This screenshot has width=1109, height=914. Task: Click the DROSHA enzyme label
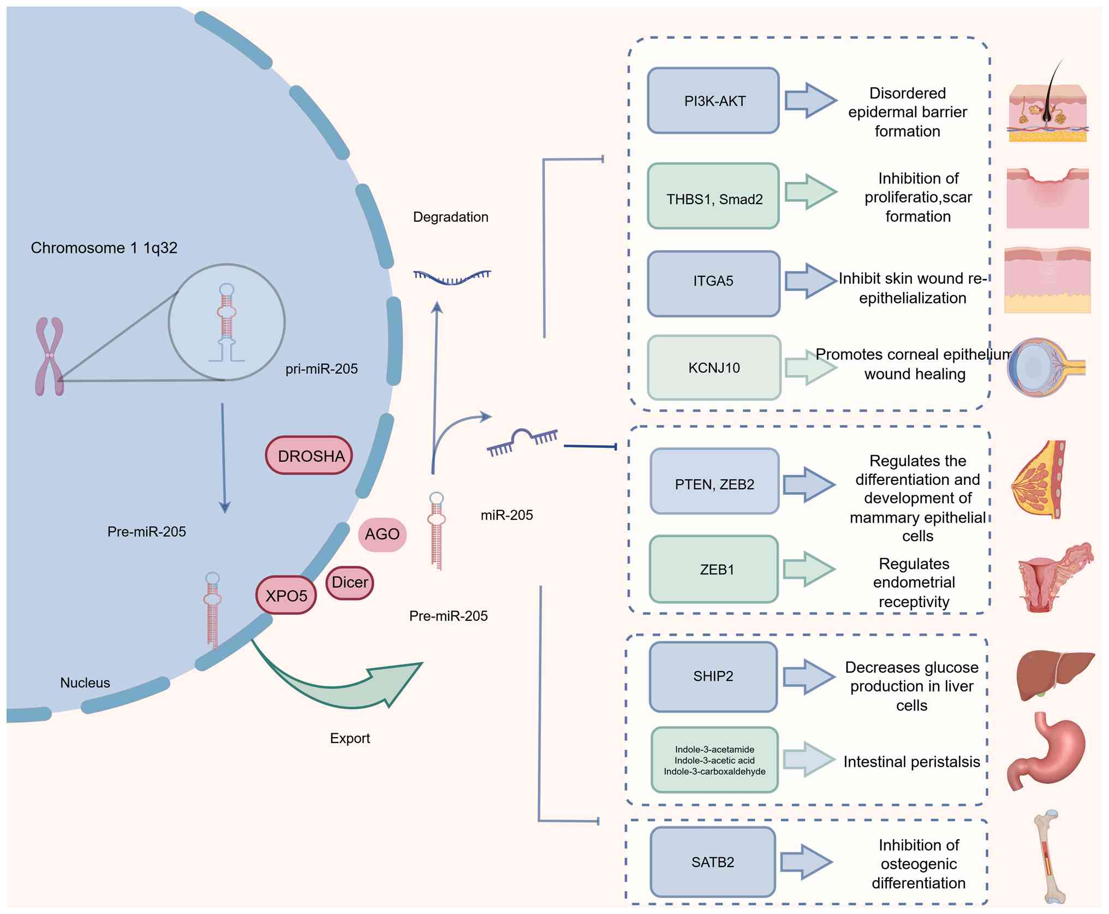tap(309, 455)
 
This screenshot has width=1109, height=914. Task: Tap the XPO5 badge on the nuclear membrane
tap(286, 595)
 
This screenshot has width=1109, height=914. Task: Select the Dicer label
tap(350, 583)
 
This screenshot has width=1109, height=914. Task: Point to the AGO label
tap(382, 534)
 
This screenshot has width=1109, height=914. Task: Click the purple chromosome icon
tap(50, 356)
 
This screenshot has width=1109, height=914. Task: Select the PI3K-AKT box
tap(713, 101)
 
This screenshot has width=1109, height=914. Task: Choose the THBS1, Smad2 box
tap(713, 197)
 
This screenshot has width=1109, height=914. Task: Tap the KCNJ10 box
tap(714, 368)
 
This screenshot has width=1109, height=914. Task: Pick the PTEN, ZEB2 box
tap(714, 482)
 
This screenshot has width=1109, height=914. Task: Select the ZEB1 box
tap(714, 569)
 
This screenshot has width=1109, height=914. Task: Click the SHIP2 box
tap(713, 677)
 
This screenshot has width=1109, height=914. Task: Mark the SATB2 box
tap(713, 862)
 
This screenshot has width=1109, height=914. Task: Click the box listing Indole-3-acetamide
tap(714, 760)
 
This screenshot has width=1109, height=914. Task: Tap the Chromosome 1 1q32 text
tap(104, 248)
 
